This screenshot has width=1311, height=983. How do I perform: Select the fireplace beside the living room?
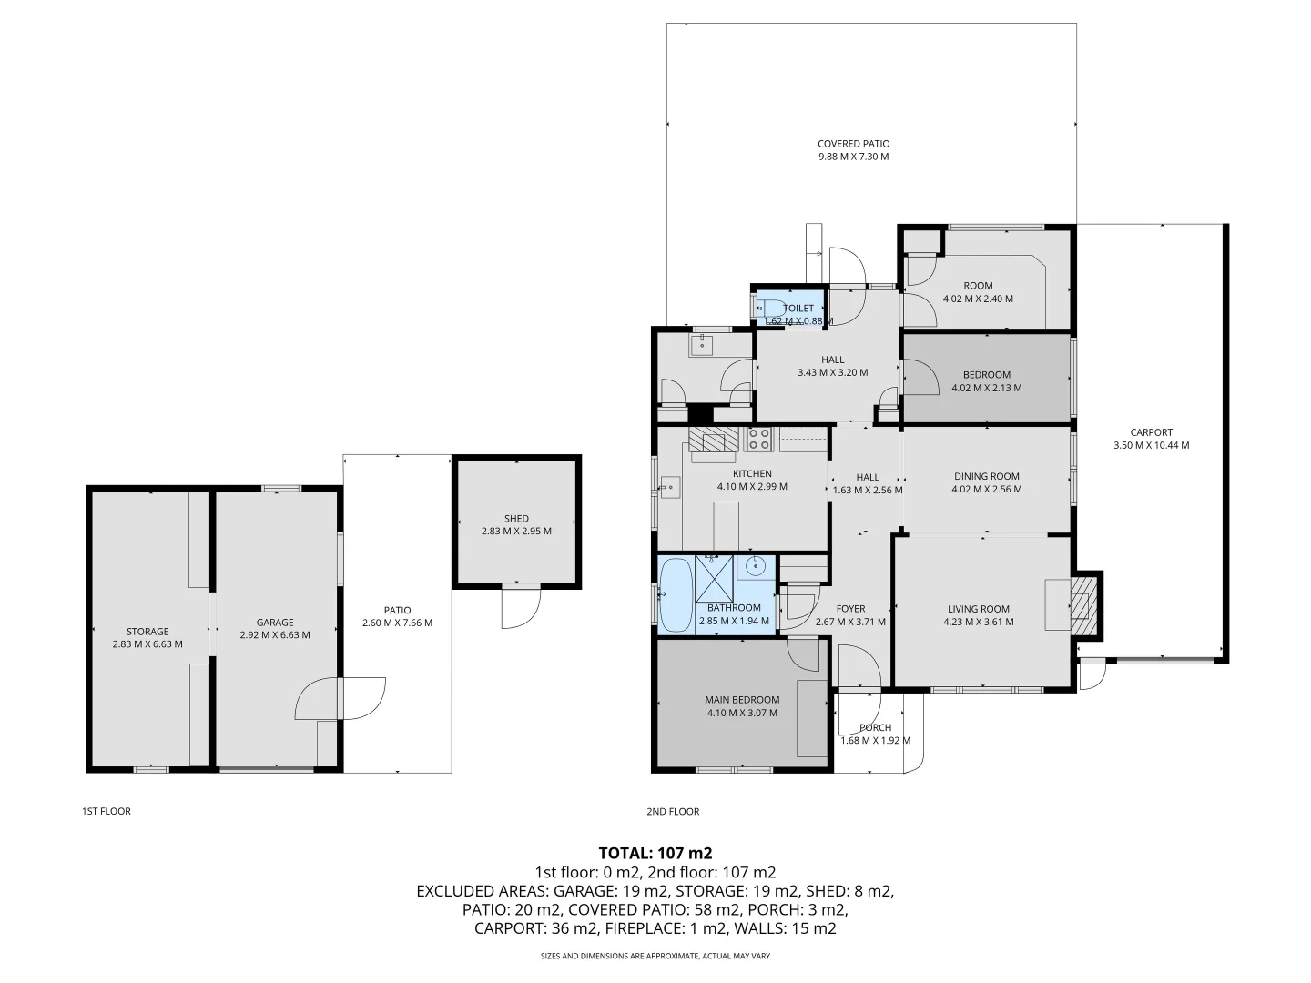[1082, 605]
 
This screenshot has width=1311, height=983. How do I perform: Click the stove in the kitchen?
[758, 439]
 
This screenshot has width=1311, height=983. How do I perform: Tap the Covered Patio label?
[853, 144]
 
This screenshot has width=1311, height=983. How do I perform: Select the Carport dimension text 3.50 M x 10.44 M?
[1151, 446]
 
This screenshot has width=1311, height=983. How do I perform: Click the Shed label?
[516, 519]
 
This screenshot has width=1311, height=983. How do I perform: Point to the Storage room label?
[147, 632]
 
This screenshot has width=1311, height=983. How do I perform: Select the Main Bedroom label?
[742, 700]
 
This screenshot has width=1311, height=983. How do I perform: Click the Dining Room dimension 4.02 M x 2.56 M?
[986, 490]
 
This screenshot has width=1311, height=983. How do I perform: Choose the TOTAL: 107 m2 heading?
[655, 853]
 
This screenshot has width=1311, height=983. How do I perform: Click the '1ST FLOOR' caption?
[107, 811]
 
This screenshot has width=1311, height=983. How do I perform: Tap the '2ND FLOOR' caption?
[673, 811]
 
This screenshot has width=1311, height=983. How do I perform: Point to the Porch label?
[875, 727]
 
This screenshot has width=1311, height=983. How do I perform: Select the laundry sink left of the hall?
[702, 345]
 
